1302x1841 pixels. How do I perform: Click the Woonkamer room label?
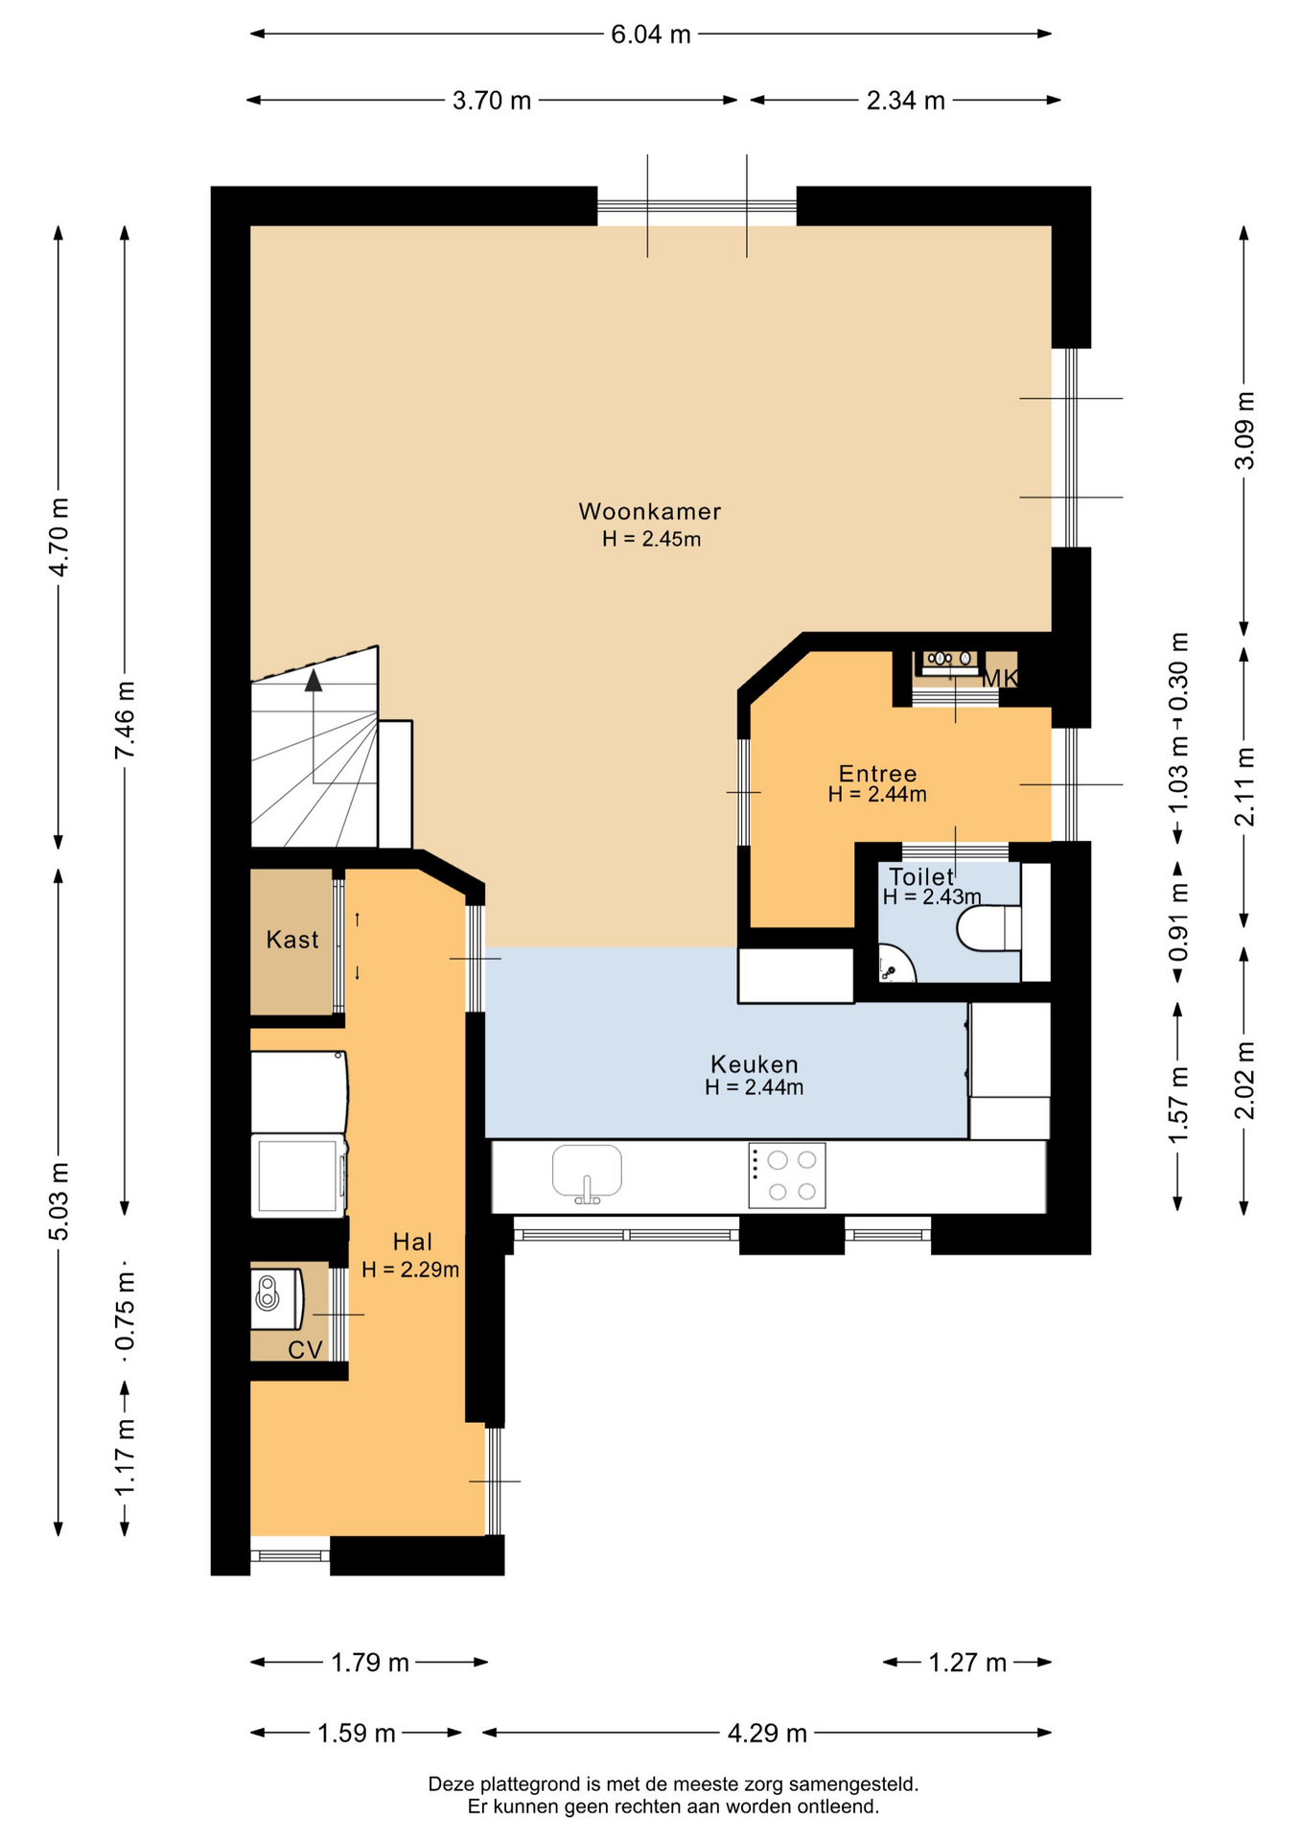(649, 511)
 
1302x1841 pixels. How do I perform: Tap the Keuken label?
(754, 1063)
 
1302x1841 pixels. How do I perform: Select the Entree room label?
(877, 773)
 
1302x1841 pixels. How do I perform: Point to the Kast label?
(292, 939)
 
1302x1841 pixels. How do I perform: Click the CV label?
(305, 1350)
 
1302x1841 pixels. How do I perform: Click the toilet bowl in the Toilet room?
(988, 927)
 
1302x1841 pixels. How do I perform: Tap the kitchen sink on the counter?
(587, 1173)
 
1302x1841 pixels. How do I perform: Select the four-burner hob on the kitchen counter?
(786, 1176)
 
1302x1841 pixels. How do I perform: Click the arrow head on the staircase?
(314, 681)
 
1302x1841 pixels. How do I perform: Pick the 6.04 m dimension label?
(651, 35)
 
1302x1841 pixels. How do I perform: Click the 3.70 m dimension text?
(492, 101)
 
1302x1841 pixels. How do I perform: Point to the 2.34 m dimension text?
(906, 101)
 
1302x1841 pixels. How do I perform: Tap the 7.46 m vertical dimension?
(125, 719)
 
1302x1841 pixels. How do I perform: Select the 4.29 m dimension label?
(767, 1733)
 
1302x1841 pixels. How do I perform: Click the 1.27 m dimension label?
(967, 1662)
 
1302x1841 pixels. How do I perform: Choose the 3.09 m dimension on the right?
(1244, 431)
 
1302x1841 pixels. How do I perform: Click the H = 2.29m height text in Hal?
(410, 1270)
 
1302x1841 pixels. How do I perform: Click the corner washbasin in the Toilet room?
(895, 965)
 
